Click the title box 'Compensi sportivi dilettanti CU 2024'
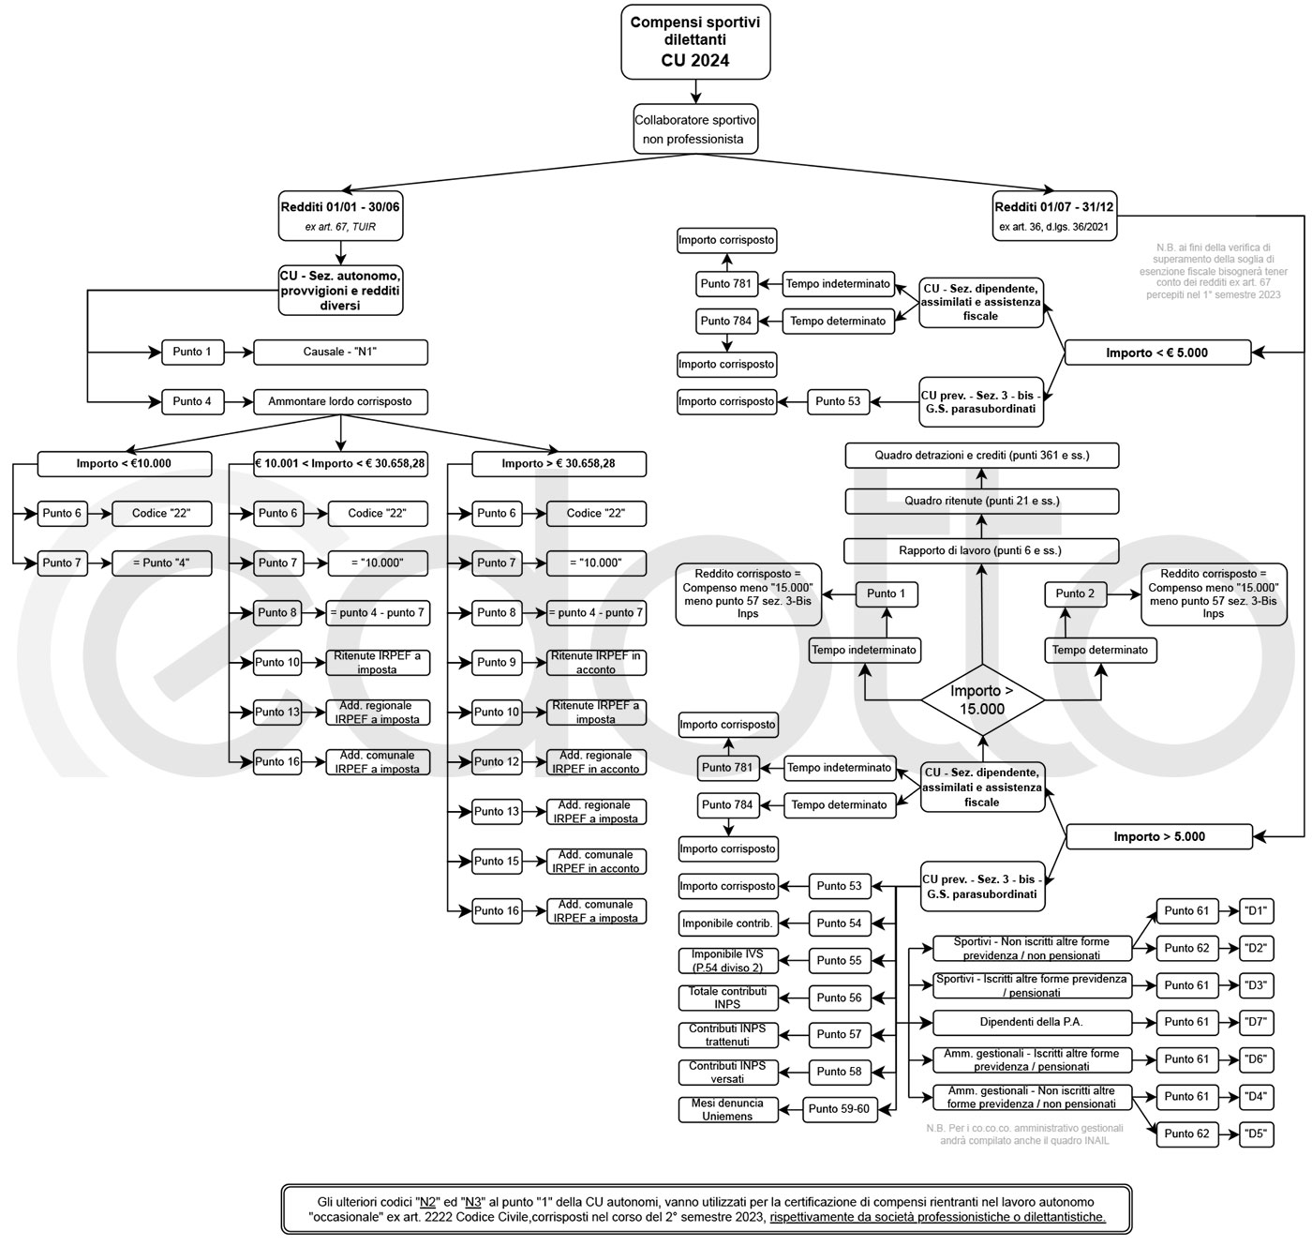[695, 41]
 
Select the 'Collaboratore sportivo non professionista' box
[694, 129]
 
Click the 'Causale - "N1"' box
[340, 353]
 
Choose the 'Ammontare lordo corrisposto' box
[340, 402]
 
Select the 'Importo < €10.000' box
[124, 464]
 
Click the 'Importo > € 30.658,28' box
[559, 464]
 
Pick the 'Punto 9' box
[497, 663]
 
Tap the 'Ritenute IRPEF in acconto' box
[596, 663]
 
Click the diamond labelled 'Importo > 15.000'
[982, 700]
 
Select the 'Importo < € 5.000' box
[1157, 353]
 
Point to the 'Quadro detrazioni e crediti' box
[982, 456]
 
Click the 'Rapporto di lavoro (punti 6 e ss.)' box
[981, 550]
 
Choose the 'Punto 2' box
[1075, 594]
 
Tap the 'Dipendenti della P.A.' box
[1032, 1023]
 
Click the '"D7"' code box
[1257, 1023]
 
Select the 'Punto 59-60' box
[839, 1109]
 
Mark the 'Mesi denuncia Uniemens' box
[728, 1110]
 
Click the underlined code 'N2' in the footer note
[428, 1202]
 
